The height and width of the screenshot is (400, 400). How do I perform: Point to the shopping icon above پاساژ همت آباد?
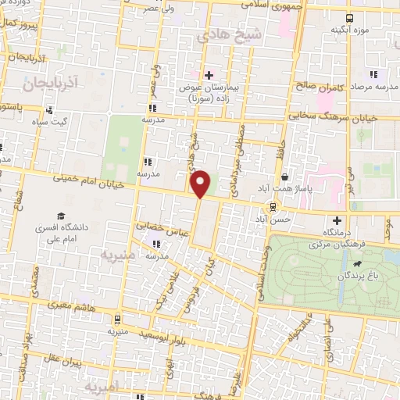285,177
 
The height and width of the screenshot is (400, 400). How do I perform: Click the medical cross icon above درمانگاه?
337,220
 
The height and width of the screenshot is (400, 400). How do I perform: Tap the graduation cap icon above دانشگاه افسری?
59,216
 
